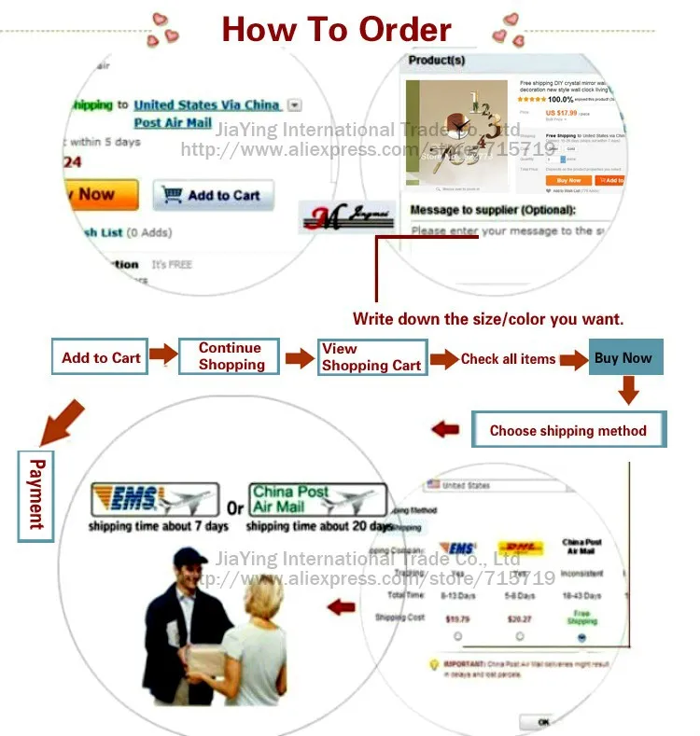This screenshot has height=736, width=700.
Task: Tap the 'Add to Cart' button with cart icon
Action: pos(214,195)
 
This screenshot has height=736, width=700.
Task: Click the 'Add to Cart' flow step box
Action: pos(101,357)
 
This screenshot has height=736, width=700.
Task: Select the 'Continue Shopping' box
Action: pos(230,356)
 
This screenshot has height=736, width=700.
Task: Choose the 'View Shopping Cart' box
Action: pos(371,357)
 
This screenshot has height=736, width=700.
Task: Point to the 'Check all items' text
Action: pos(508,358)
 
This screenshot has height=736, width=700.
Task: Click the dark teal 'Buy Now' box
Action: pos(624,357)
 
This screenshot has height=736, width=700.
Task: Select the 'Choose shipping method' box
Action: pos(567,430)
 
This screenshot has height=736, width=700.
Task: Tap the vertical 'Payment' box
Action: pos(36,494)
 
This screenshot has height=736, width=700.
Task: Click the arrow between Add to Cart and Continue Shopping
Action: pos(163,355)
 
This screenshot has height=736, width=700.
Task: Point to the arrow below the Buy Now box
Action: pos(629,390)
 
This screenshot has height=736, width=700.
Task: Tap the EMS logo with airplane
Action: pos(154,500)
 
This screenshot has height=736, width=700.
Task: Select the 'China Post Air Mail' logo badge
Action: pos(317,499)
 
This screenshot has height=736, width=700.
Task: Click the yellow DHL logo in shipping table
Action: pos(520,549)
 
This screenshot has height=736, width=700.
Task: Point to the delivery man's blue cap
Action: pos(189,557)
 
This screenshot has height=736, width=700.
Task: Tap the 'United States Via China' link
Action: pos(206,105)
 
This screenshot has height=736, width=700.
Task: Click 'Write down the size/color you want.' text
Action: pos(488,319)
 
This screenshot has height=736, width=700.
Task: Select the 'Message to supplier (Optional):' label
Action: pos(493,210)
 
